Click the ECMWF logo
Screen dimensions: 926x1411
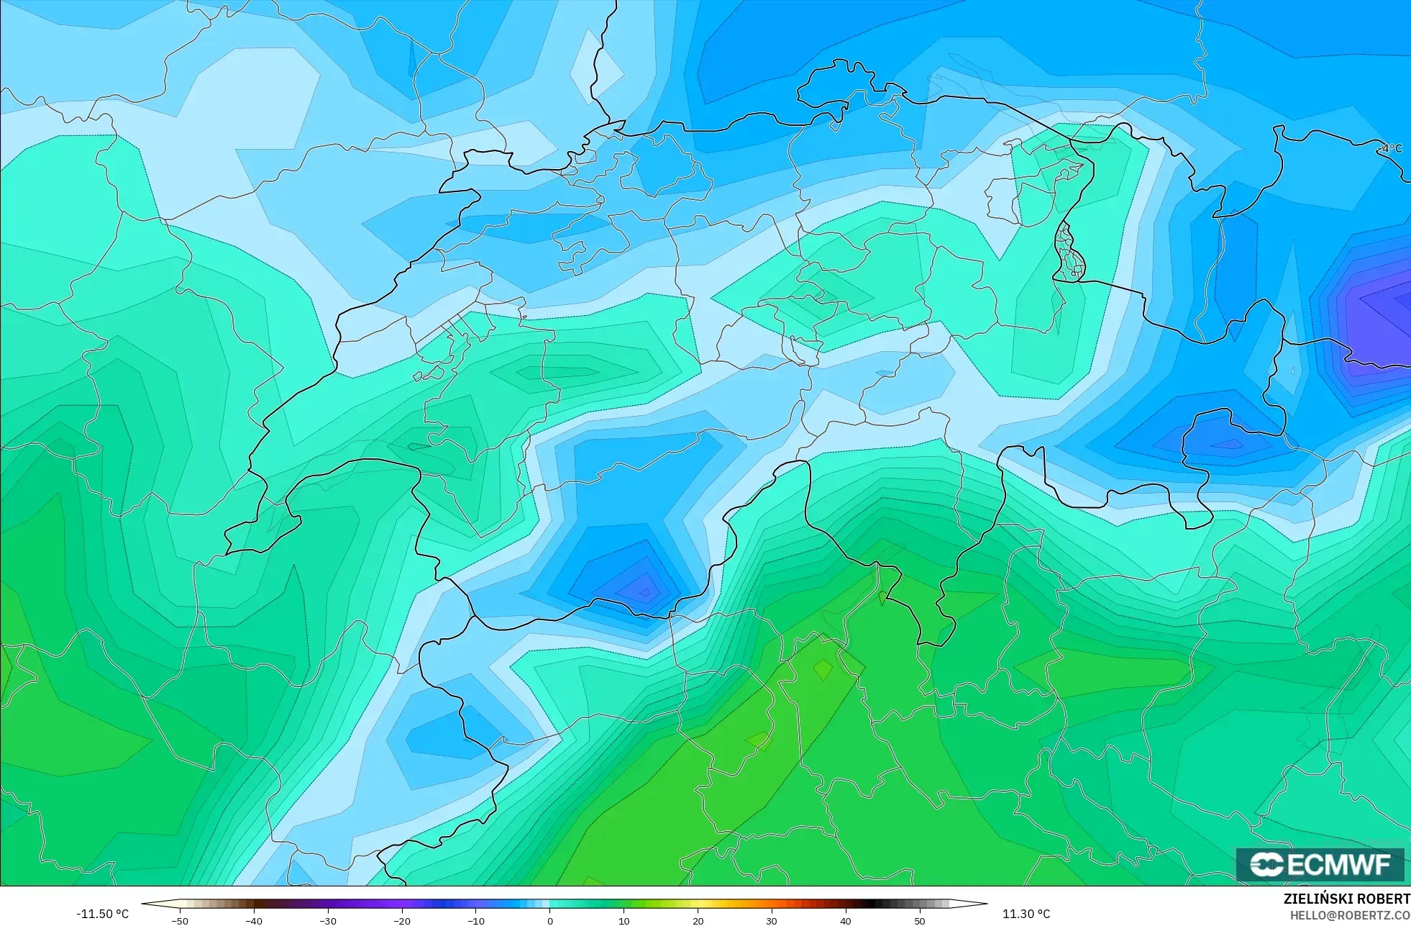[1320, 864]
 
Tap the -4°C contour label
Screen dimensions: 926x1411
[1392, 148]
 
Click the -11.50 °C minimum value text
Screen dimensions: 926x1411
[103, 914]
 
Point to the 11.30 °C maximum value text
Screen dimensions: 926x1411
[1026, 914]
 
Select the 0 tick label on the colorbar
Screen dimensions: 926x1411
[550, 921]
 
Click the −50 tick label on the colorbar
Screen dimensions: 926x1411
[180, 921]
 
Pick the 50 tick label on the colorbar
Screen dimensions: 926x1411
[919, 921]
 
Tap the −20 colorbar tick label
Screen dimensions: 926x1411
[401, 921]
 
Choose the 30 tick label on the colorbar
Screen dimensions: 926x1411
[772, 921]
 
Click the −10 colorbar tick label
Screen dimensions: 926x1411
[475, 921]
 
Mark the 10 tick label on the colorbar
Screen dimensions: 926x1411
[624, 921]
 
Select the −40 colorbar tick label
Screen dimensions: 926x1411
[254, 921]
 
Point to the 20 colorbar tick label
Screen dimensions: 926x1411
[698, 921]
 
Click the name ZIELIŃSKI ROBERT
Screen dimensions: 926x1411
[1346, 899]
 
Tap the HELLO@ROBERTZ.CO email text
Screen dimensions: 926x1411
[1349, 915]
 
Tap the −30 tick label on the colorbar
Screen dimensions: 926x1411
[327, 921]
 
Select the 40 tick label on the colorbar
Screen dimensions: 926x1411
[845, 921]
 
